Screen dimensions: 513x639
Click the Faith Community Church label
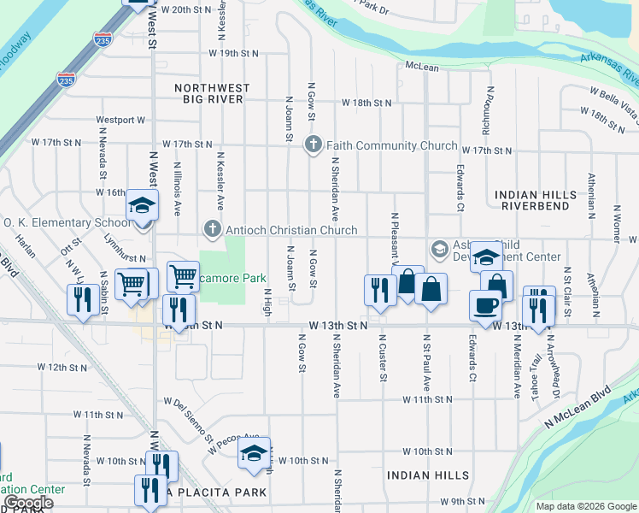390,145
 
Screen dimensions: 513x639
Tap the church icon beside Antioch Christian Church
211,229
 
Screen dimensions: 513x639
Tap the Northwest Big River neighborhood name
213,93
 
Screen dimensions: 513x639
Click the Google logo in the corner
28,503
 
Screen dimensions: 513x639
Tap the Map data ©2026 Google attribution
586,506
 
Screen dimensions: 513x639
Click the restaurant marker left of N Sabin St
83,300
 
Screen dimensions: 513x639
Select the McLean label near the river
422,66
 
